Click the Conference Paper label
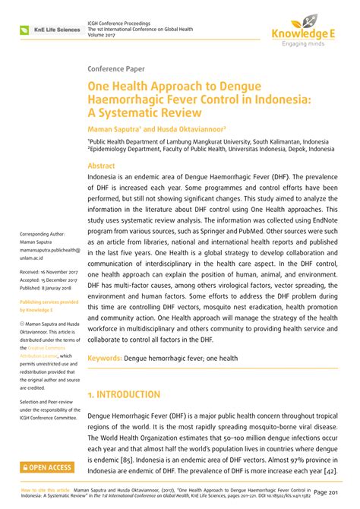pos(119,68)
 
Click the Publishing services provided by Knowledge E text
pos(42,305)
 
